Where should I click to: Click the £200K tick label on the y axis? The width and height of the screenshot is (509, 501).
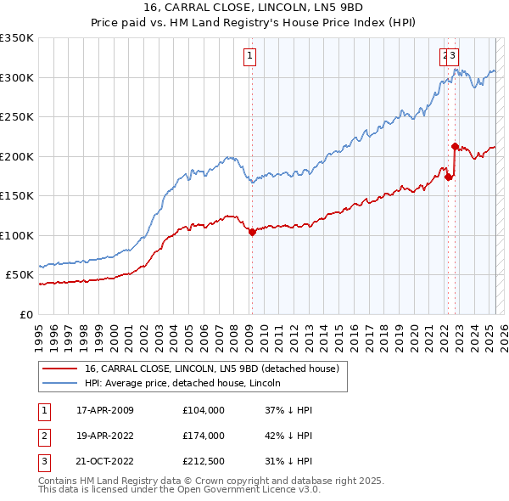click(17, 156)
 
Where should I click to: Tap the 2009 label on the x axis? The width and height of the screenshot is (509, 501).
click(252, 329)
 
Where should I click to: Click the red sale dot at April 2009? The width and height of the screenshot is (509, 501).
click(252, 232)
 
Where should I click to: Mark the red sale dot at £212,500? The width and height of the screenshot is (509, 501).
click(456, 146)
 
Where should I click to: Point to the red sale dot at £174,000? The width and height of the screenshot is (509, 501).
click(448, 177)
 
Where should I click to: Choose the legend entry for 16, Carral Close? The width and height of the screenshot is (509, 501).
click(211, 369)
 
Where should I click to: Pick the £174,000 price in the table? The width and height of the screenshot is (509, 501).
click(204, 436)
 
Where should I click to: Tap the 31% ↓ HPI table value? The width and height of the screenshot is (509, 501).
click(289, 463)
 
